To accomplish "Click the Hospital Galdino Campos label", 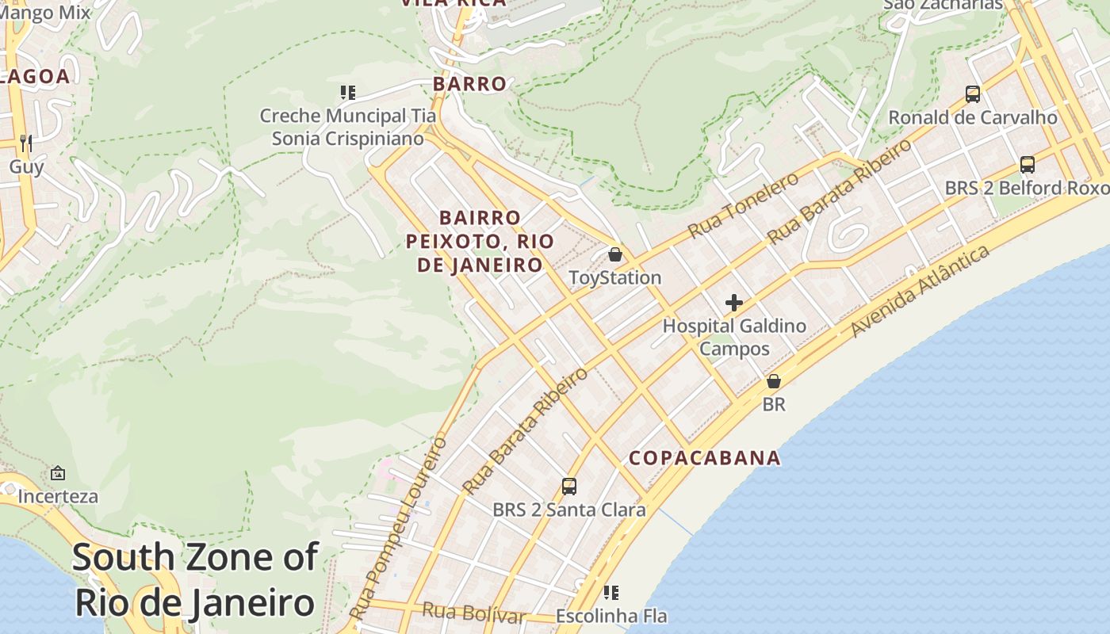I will tap(734, 337).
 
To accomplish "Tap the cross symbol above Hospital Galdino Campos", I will tap(734, 302).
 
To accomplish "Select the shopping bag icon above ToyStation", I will tap(614, 254).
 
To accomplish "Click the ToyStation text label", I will tap(615, 277).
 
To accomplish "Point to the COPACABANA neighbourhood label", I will tap(705, 458).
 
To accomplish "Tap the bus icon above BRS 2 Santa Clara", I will tap(568, 486).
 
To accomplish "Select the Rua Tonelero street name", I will tap(744, 205).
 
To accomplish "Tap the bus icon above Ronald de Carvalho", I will tap(973, 94).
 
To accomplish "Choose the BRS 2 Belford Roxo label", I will tap(1027, 188).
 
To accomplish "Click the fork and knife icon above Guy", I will tap(26, 143).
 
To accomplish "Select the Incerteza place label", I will tap(58, 496).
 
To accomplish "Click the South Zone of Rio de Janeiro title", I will tap(195, 580).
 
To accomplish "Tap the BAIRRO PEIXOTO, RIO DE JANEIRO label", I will tap(480, 241).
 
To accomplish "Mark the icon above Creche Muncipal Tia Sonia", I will tap(347, 93).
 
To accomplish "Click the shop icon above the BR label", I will tap(774, 381).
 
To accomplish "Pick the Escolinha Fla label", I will tap(611, 616).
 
